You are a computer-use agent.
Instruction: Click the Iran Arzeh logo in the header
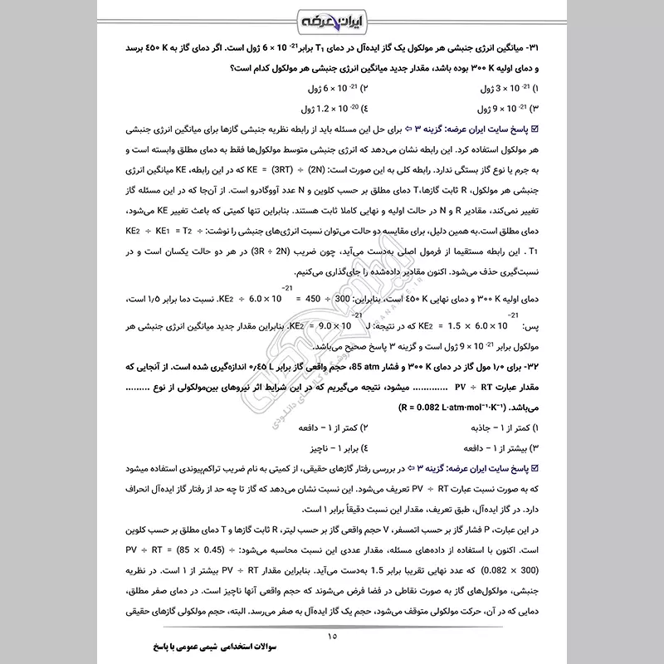332,18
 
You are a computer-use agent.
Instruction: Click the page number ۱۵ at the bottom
332,636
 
